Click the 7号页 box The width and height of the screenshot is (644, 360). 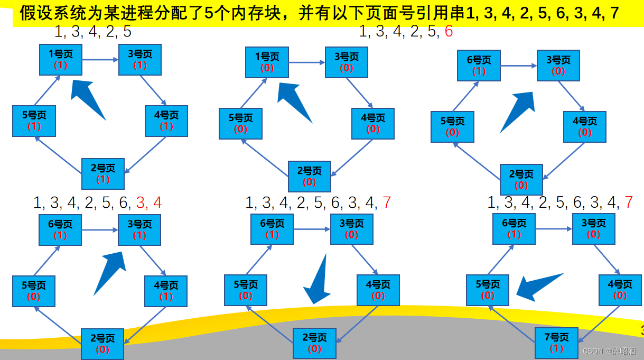click(556, 343)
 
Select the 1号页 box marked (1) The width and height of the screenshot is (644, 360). click(60, 59)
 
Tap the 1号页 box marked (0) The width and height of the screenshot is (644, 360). click(267, 62)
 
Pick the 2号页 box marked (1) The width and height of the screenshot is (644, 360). click(102, 173)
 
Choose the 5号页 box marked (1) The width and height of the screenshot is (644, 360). click(34, 121)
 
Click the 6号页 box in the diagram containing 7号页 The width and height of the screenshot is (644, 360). click(514, 228)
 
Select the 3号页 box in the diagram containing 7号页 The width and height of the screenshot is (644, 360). click(593, 228)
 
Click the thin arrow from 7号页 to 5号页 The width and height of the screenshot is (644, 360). click(512, 324)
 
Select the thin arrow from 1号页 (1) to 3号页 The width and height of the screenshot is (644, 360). click(100, 60)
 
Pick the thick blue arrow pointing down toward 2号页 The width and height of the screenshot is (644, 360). click(319, 280)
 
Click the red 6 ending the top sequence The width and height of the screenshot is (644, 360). click(449, 32)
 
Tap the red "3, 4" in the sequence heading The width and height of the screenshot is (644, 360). click(148, 203)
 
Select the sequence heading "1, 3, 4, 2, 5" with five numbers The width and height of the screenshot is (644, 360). click(93, 32)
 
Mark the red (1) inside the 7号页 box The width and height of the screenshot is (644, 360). click(556, 348)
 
